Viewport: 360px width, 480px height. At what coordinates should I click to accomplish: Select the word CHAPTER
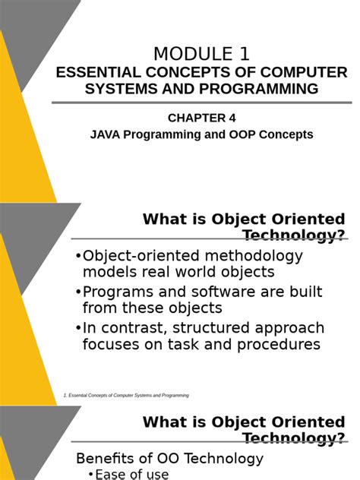(196, 117)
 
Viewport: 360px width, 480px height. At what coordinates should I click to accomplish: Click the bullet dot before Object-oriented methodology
(78, 257)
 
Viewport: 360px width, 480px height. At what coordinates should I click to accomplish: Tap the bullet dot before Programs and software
(78, 292)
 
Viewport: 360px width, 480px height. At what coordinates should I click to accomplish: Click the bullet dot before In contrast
(78, 329)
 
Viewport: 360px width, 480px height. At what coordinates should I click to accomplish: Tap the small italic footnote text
(126, 396)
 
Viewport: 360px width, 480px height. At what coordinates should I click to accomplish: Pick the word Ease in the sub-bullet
(111, 475)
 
